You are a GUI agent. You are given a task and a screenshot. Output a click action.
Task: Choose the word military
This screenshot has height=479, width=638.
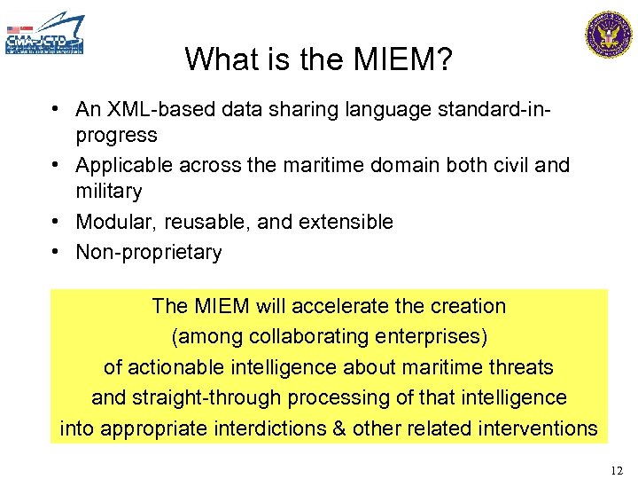point(109,191)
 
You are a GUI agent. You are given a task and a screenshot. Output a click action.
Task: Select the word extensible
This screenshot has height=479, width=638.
point(346,222)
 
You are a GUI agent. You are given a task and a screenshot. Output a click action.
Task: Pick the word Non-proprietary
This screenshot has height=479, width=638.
point(149,253)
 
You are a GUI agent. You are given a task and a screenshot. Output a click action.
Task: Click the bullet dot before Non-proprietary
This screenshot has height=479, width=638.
point(56,252)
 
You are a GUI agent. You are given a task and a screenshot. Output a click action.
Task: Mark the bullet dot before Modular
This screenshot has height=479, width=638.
point(56,221)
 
